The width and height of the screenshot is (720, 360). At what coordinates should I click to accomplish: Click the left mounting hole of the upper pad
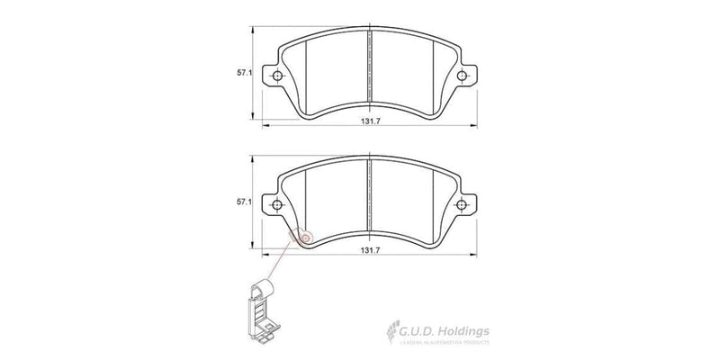[x=278, y=76]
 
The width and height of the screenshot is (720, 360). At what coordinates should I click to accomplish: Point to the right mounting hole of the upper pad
[x=463, y=76]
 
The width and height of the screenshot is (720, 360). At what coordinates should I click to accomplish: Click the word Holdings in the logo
[x=463, y=332]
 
